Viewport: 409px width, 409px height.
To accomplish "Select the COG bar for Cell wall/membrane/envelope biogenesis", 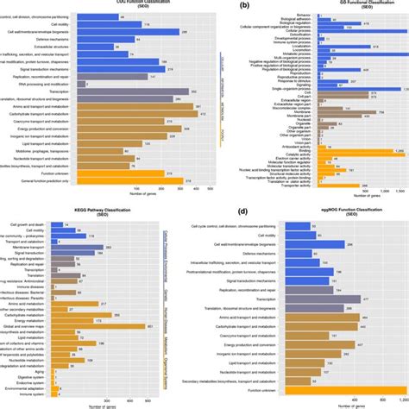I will pos(129,31).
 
